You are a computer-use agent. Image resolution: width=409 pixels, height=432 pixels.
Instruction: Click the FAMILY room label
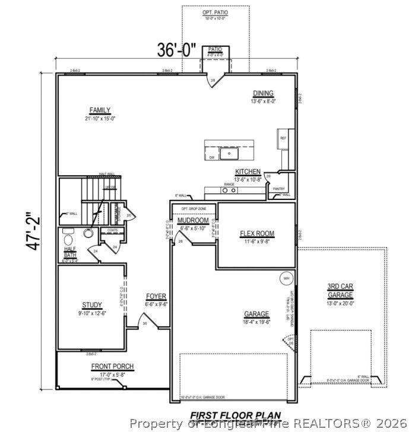(x=100, y=110)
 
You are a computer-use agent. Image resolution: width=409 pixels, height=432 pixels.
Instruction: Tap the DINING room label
(x=263, y=93)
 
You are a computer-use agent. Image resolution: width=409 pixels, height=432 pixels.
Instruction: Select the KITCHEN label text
(x=248, y=171)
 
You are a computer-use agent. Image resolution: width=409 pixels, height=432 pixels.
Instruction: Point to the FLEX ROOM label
(x=256, y=233)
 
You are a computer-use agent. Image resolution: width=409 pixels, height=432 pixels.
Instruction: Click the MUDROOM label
(x=192, y=221)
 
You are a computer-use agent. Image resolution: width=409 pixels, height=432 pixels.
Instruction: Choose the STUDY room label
(x=92, y=305)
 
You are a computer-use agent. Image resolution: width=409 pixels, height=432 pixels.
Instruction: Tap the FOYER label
(x=156, y=296)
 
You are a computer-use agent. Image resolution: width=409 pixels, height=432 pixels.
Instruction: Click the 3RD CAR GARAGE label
(x=340, y=290)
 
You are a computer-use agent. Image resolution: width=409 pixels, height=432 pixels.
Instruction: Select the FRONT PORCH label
(x=112, y=366)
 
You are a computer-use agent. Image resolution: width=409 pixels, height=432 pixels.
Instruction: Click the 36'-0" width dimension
(x=176, y=50)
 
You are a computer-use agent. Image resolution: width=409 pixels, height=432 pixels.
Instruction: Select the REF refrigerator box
(x=283, y=138)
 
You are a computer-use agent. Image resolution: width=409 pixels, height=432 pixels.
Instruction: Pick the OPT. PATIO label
(x=215, y=12)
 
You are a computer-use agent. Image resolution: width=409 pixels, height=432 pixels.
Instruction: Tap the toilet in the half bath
(x=88, y=234)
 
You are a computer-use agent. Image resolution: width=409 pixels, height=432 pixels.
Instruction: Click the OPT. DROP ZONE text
(x=194, y=209)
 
